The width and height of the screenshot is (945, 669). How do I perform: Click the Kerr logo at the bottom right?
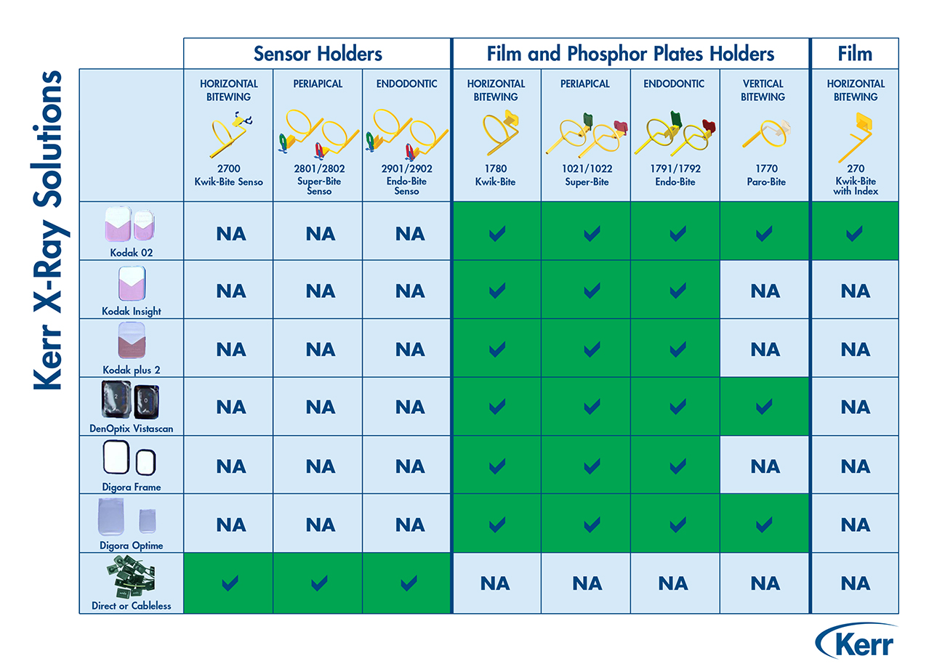pos(856,641)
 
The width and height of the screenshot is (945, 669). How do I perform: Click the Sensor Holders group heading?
pos(318,54)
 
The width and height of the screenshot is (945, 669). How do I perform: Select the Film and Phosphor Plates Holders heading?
pos(630,54)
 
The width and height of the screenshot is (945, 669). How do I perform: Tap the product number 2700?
pos(229,169)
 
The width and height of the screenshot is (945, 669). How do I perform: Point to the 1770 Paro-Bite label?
pos(766,175)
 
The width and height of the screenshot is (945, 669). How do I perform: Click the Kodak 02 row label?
pos(131,253)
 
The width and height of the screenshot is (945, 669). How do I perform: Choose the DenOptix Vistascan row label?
pos(131,429)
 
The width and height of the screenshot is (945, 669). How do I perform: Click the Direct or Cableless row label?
pos(131,606)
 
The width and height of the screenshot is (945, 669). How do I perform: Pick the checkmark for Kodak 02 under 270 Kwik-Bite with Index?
pos(854,234)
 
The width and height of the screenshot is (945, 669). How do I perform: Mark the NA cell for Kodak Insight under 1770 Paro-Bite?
pos(765,291)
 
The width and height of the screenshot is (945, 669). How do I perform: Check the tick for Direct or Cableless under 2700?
pos(230,583)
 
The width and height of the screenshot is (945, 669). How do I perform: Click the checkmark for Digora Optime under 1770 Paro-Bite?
pos(764,525)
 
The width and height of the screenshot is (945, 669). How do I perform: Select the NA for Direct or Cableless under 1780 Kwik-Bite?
pos(495,584)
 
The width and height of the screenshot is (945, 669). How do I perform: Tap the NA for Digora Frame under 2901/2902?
pos(410,466)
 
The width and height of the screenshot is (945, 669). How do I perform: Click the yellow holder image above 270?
pos(855,137)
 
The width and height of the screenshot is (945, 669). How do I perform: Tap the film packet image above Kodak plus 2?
pos(132,341)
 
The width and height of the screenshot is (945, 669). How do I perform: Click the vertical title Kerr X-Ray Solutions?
pos(48,230)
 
